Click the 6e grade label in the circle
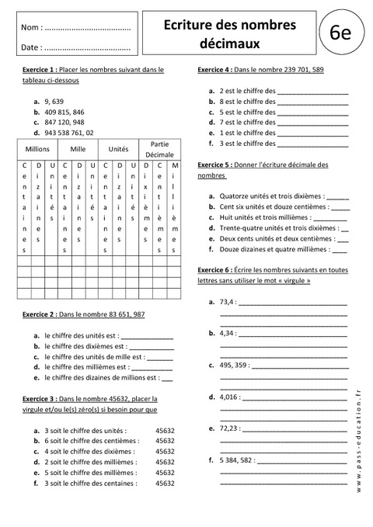[x=340, y=33]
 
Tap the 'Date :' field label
[x=32, y=47]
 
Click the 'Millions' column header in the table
[x=37, y=147]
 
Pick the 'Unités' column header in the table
[x=118, y=147]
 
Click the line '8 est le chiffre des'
[x=248, y=102]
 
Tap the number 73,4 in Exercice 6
[x=228, y=300]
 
